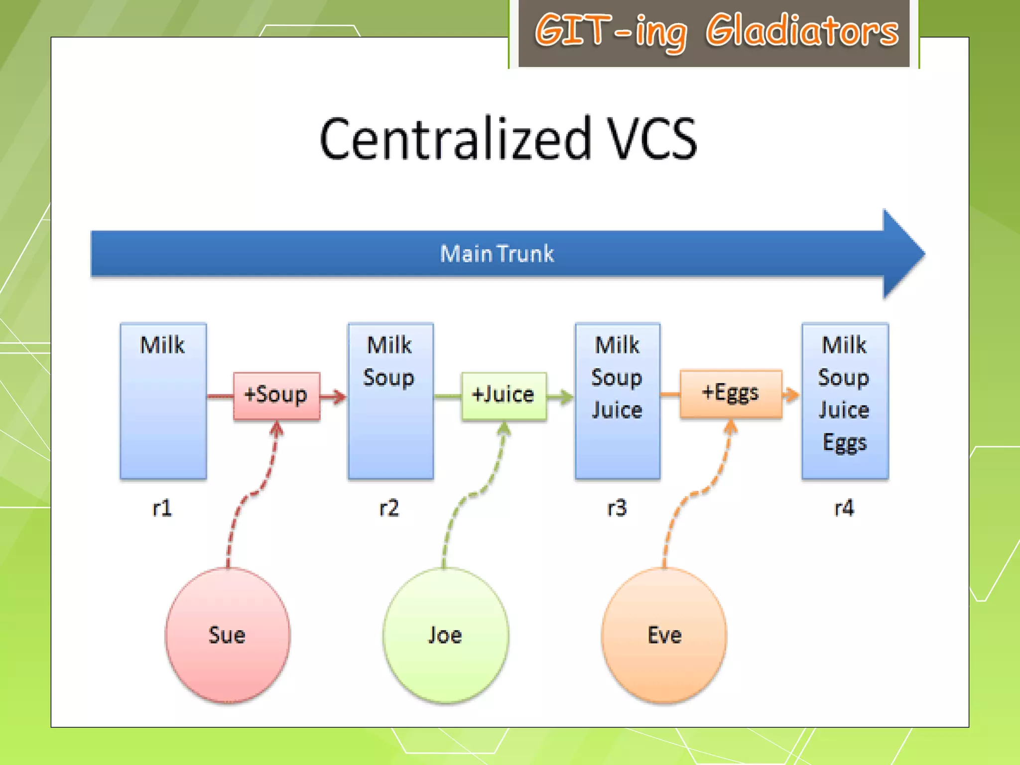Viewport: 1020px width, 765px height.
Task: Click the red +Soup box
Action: point(276,395)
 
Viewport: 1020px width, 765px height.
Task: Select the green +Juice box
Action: point(504,395)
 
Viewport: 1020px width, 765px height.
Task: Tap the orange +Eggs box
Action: point(731,393)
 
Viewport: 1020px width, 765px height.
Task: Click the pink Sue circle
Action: point(228,635)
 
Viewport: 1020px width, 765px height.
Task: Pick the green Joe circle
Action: point(445,635)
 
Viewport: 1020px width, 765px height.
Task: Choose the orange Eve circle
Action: point(664,635)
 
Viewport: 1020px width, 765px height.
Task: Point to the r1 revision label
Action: point(162,509)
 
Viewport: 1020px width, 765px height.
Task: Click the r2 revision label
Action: point(389,509)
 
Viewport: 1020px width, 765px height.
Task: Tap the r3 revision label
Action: point(617,509)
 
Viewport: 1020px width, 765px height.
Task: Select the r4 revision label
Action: point(844,509)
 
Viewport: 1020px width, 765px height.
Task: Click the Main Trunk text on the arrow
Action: point(497,254)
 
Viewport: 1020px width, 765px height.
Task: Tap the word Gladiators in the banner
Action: point(802,31)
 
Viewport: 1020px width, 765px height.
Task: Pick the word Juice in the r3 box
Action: point(617,410)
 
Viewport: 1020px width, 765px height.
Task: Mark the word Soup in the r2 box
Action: point(388,378)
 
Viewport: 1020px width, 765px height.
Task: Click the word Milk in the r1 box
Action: point(162,345)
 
